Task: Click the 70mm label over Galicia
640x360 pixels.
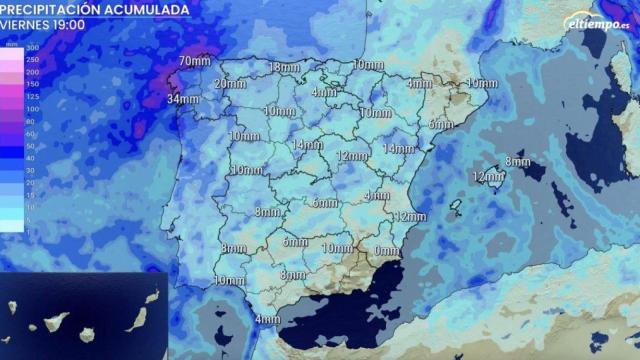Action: pyautogui.click(x=194, y=62)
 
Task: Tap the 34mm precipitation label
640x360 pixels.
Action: pyautogui.click(x=183, y=99)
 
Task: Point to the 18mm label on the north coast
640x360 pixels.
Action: pyautogui.click(x=284, y=68)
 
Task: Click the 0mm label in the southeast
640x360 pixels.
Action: pyautogui.click(x=386, y=249)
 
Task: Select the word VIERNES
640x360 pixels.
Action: pyautogui.click(x=29, y=25)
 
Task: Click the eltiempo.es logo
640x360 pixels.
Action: pyautogui.click(x=597, y=21)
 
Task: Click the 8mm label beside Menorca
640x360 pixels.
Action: pyautogui.click(x=518, y=161)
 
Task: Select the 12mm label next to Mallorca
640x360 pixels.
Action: pyautogui.click(x=487, y=177)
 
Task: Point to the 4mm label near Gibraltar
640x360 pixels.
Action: pyautogui.click(x=267, y=319)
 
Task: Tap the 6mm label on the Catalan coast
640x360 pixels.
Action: pyautogui.click(x=441, y=124)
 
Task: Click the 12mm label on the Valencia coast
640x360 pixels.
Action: pyautogui.click(x=410, y=217)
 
